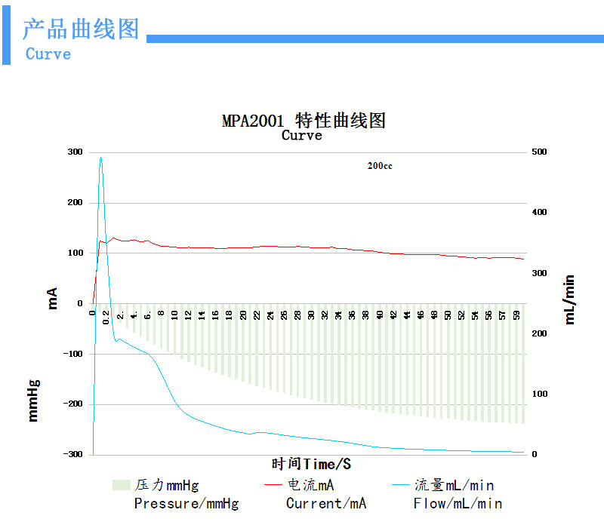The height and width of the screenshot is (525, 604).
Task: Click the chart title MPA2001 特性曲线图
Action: [x=304, y=121]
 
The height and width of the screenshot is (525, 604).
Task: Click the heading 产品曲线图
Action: [x=81, y=30]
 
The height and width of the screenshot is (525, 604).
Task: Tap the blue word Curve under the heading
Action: [x=48, y=54]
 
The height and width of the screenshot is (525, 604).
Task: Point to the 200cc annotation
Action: [x=380, y=166]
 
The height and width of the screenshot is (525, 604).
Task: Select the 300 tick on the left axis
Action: [x=74, y=152]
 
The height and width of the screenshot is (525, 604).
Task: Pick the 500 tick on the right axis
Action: [x=540, y=152]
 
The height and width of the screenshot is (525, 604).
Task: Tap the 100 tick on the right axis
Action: [x=540, y=394]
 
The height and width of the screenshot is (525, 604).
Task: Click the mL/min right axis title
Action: [x=570, y=299]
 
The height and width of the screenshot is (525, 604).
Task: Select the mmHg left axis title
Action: [x=33, y=400]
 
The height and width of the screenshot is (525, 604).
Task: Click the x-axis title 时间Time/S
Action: [x=311, y=463]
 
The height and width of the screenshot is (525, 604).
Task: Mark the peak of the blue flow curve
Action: [x=100, y=158]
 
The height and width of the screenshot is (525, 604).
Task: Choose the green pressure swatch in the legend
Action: [x=121, y=485]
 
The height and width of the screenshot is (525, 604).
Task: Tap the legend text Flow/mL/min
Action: [x=458, y=503]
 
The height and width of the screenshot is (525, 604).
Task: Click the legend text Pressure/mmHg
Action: [x=186, y=503]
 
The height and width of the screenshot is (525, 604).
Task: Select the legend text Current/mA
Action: [x=326, y=503]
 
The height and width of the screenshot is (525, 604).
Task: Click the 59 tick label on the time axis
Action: [x=517, y=314]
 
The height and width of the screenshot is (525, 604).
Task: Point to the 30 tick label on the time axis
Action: [x=311, y=314]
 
